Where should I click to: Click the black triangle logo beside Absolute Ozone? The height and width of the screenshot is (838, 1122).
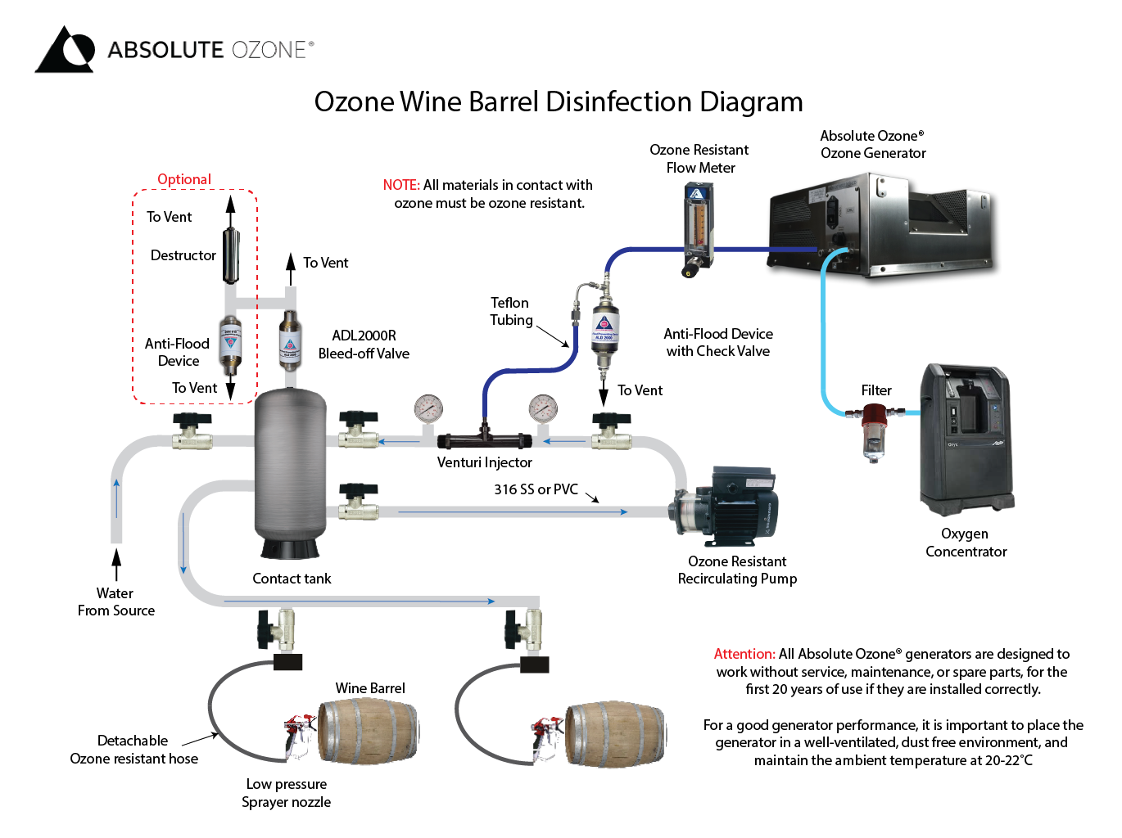tap(64, 50)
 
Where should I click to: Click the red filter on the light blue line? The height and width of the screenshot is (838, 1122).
tap(875, 430)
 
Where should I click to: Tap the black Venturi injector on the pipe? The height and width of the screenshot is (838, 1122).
tap(484, 440)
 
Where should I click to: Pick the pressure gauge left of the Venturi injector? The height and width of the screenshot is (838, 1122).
tap(428, 408)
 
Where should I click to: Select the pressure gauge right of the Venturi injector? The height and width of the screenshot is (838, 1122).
tap(543, 408)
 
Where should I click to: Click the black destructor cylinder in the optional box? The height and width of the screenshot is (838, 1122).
tap(231, 255)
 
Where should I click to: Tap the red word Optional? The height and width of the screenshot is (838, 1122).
tap(184, 179)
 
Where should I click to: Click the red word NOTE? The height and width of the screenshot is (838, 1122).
tap(401, 185)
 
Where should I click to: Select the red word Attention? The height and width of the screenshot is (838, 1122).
tap(744, 654)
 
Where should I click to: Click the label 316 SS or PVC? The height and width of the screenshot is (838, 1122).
tap(536, 489)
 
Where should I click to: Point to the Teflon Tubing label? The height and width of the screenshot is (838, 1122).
tap(510, 312)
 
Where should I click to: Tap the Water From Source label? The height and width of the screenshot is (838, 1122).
tap(115, 601)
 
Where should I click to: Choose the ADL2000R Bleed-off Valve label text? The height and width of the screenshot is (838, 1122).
tap(364, 345)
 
